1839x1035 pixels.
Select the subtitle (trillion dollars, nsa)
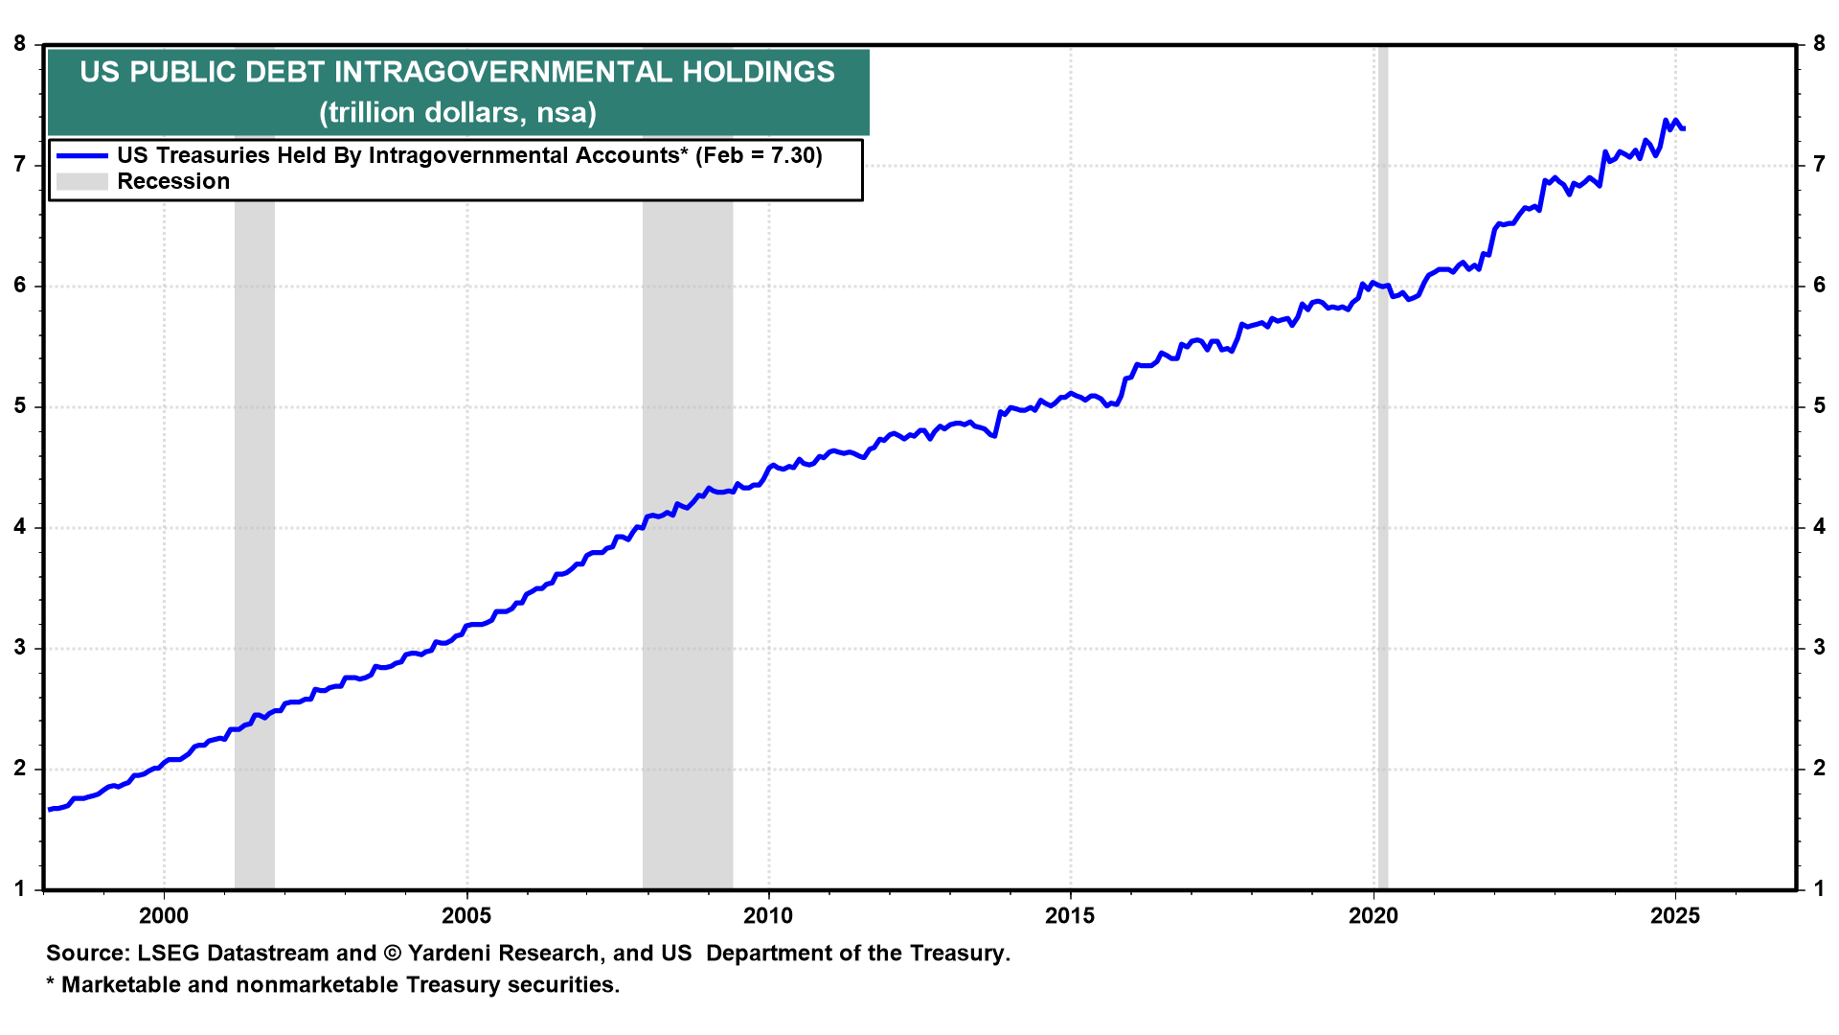[458, 113]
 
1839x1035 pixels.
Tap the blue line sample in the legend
[81, 155]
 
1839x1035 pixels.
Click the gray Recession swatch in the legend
[81, 181]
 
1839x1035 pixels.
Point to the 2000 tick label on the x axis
[164, 916]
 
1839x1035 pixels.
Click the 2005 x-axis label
[466, 916]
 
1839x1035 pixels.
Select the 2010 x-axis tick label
[768, 916]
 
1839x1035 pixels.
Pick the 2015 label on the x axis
[1071, 916]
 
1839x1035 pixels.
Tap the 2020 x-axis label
[1374, 916]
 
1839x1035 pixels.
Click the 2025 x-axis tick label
[1675, 916]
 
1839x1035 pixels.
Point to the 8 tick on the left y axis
[20, 44]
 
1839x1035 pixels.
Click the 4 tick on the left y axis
[20, 527]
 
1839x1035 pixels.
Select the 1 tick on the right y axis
[1819, 889]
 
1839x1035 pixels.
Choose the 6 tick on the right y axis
[1819, 286]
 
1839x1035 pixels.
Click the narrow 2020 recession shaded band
[1382, 575]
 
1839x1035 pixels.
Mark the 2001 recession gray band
[255, 575]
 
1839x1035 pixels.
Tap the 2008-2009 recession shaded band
[688, 671]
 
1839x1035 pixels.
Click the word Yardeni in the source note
[449, 954]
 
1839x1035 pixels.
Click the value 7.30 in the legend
[793, 155]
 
